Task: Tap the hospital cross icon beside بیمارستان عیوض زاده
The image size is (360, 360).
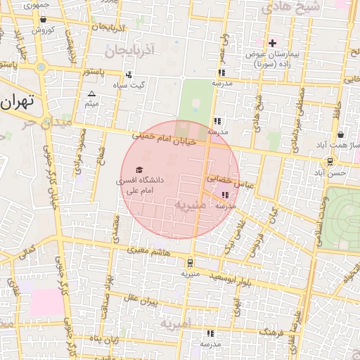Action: (x=273, y=44)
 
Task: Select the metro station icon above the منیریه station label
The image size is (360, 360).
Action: (x=189, y=263)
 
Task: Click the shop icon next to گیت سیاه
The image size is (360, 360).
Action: (x=128, y=75)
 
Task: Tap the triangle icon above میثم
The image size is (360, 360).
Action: (x=91, y=94)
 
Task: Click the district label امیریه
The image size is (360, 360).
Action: (x=176, y=324)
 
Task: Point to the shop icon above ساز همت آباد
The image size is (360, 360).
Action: (x=341, y=134)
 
